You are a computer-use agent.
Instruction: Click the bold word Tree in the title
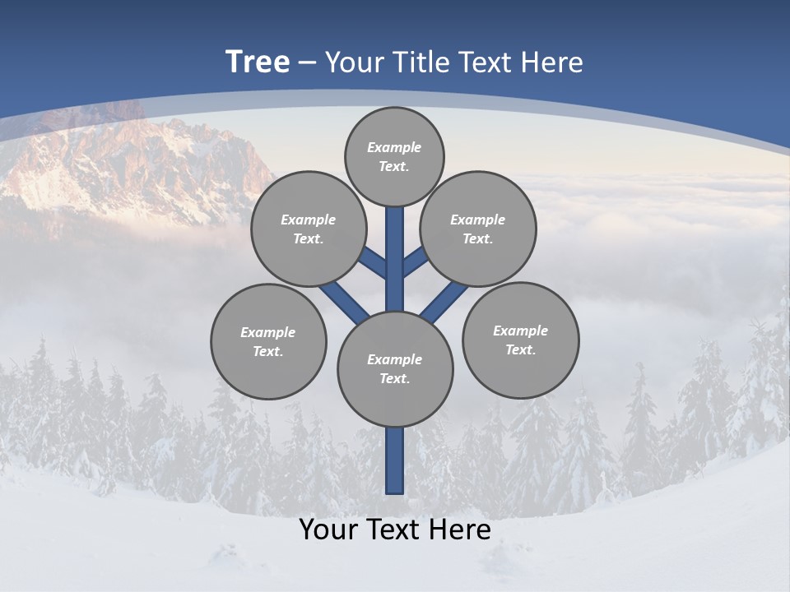tap(258, 62)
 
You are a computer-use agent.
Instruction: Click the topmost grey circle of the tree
tap(394, 156)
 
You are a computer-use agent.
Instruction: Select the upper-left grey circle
tap(309, 229)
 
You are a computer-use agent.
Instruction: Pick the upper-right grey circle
tap(478, 229)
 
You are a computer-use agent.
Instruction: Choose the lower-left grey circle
tap(268, 341)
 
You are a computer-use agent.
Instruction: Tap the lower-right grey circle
tap(520, 340)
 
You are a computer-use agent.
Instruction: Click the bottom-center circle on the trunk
tap(395, 368)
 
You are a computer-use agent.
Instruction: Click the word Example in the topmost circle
tap(394, 147)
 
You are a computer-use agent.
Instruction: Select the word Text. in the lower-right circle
tap(520, 349)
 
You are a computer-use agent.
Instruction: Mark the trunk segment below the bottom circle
tap(395, 460)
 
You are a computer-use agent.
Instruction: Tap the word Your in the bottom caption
tap(327, 530)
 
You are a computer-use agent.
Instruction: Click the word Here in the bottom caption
tap(463, 530)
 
